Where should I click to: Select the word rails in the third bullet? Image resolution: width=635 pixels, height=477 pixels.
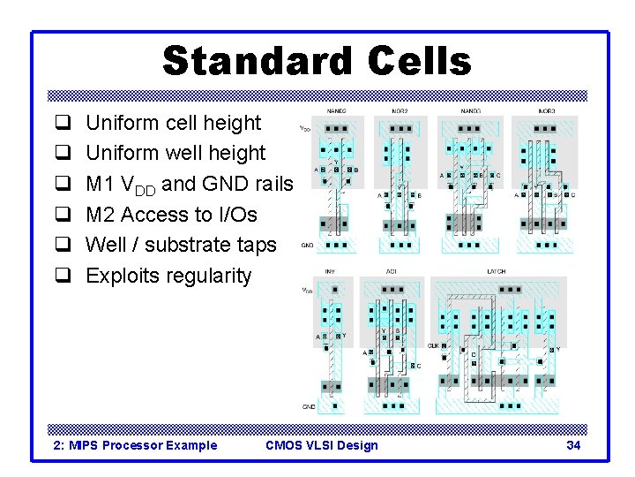coord(271,185)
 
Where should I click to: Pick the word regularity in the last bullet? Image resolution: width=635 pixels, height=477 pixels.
coord(207,276)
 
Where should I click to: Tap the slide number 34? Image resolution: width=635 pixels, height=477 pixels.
coord(573,445)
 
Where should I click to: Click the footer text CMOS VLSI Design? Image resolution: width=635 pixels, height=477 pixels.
coord(321,445)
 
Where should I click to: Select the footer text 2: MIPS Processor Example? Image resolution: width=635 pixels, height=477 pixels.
coord(135,445)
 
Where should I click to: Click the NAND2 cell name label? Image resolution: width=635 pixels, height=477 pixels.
coord(336,111)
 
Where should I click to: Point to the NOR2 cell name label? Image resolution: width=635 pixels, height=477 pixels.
coord(400,111)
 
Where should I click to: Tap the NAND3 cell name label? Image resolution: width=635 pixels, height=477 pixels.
coord(472,111)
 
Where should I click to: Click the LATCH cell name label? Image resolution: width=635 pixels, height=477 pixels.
coord(497,272)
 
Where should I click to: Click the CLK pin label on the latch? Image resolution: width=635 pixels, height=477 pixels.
coord(433,346)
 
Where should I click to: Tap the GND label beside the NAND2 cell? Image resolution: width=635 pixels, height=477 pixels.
coord(307,246)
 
